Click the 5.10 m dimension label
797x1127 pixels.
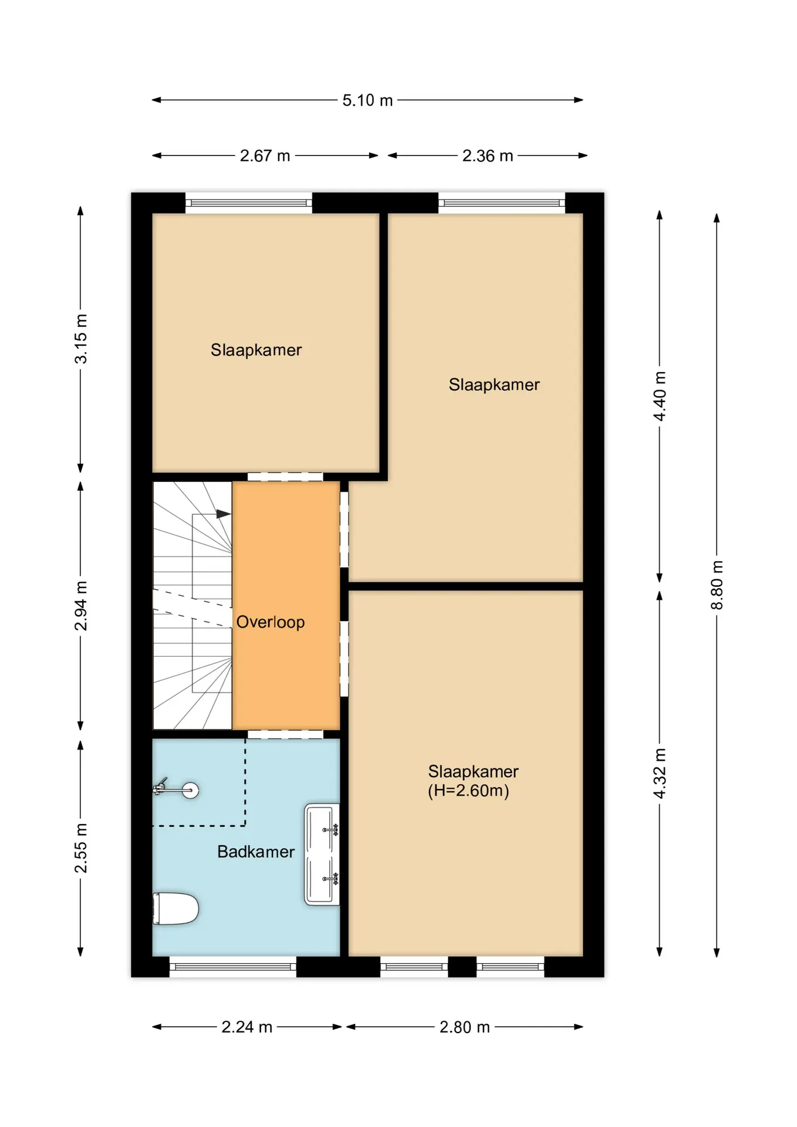(367, 100)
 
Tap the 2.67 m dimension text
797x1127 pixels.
(265, 156)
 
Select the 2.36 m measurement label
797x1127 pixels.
(487, 156)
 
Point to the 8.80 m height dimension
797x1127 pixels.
(717, 585)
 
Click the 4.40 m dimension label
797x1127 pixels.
(660, 396)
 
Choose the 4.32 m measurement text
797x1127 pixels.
(660, 773)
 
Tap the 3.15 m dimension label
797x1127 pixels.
(80, 339)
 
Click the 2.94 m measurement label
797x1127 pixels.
(80, 606)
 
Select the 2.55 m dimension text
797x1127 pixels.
(80, 848)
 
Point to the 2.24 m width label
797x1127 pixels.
(246, 1027)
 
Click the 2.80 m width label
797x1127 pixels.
(464, 1027)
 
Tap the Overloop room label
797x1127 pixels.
(271, 622)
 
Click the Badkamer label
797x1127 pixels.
(256, 852)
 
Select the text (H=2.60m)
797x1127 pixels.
(468, 791)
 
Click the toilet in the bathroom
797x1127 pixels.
(175, 909)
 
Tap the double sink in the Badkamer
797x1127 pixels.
(322, 854)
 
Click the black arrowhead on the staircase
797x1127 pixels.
(224, 514)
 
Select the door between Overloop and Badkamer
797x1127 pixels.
(285, 734)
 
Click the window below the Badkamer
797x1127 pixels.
(233, 967)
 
